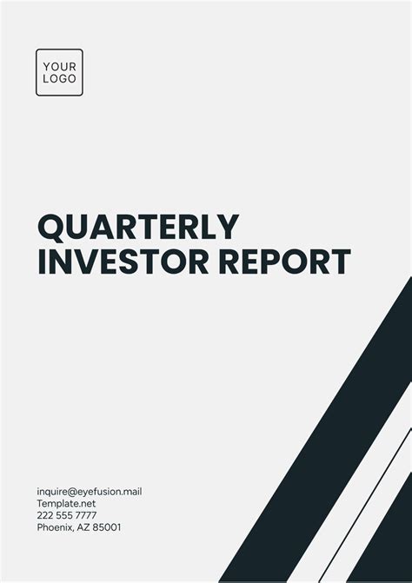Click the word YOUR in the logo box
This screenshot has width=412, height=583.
59,66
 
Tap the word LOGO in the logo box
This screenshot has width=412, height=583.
59,79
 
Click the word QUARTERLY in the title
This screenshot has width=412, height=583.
137,228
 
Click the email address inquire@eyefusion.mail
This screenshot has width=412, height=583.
89,492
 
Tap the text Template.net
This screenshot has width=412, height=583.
65,503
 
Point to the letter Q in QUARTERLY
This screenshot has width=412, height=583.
51,228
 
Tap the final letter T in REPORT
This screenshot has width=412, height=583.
340,262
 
